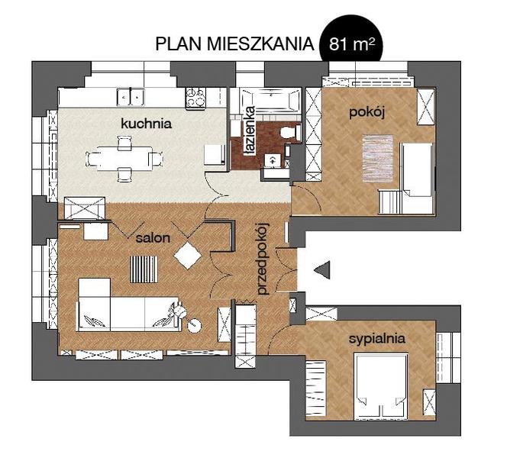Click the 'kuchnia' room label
(x=146, y=124)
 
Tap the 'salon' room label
(x=153, y=238)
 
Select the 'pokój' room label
(x=367, y=113)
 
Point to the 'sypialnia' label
(x=377, y=339)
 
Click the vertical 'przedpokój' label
(x=263, y=260)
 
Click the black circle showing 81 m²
(x=351, y=42)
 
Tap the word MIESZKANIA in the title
(x=260, y=44)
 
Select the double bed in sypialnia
(x=381, y=386)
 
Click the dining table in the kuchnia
(x=125, y=159)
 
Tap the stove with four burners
(x=196, y=98)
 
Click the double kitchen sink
(x=131, y=97)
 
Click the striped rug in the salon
(x=144, y=269)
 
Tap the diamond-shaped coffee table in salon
(x=188, y=256)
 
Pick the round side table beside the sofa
(x=195, y=325)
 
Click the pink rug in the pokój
(x=378, y=159)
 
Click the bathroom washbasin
(x=273, y=161)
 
